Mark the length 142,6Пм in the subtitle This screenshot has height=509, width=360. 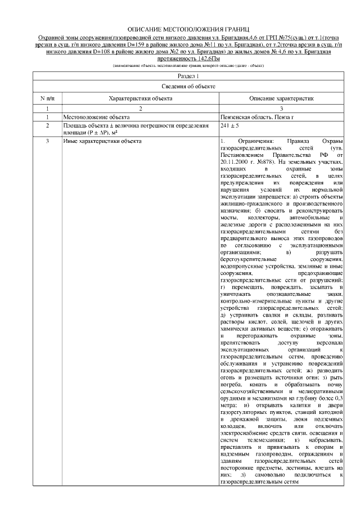pos(211,58)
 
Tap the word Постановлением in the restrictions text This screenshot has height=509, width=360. pos(241,154)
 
